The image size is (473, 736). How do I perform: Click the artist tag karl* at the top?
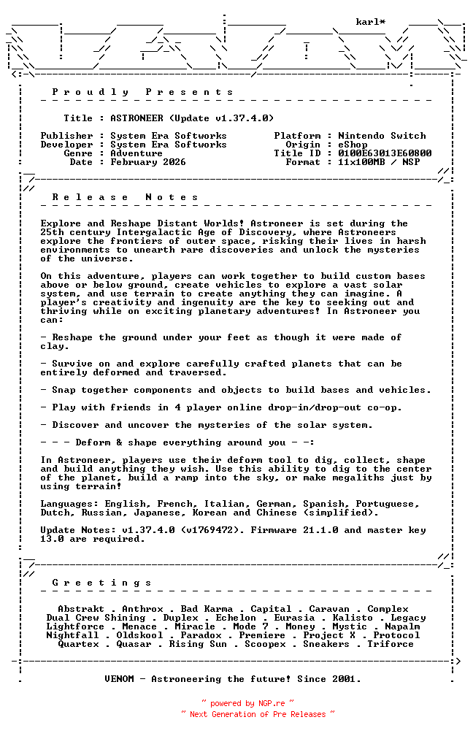tap(370, 22)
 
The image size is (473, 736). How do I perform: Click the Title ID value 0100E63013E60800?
tap(385, 153)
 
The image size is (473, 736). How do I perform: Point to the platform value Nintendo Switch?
tap(382, 136)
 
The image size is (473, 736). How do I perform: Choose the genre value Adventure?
tap(136, 153)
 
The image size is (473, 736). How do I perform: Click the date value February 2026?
tap(148, 162)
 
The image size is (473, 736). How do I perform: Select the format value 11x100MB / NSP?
tap(379, 162)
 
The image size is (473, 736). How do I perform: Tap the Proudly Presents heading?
tap(142, 92)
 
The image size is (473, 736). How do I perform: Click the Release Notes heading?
tap(125, 197)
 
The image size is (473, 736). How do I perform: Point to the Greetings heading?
tap(101, 583)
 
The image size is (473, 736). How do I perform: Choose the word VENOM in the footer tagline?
tap(119, 679)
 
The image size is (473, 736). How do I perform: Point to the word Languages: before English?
tap(69, 504)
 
